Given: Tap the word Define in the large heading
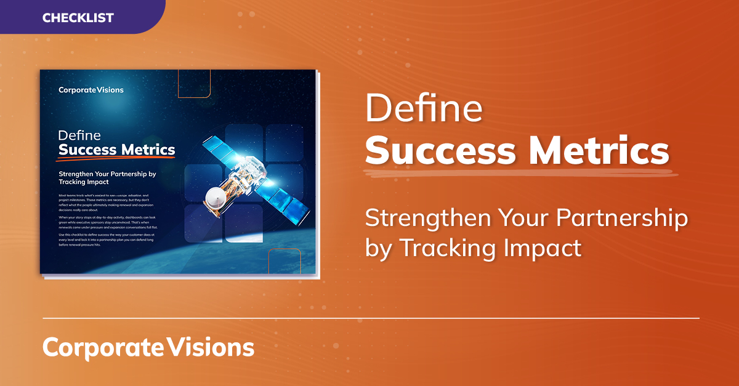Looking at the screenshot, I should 424,110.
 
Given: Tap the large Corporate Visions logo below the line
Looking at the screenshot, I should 148,347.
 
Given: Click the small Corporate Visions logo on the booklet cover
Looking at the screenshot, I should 91,90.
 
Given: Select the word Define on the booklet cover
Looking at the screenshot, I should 79,135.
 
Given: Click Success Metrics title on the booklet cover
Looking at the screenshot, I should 116,150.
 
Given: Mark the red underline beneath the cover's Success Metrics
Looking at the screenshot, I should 117,158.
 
